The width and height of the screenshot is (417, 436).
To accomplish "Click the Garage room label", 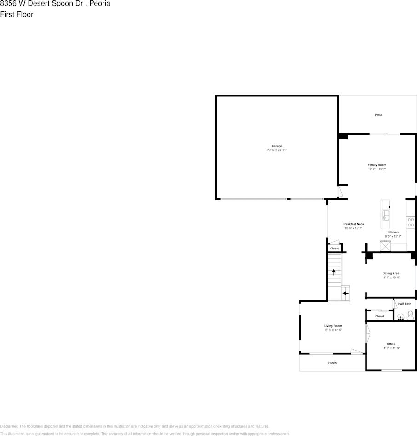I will coord(277,146).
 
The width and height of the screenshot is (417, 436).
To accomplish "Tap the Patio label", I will coord(378,115).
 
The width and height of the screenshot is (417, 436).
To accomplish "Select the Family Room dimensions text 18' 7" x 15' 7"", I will coord(377,169).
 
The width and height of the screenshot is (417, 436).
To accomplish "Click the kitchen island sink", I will coord(386,215).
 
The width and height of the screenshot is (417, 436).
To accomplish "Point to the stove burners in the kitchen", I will coord(411,222).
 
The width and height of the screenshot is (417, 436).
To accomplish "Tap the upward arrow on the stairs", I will coord(334,272).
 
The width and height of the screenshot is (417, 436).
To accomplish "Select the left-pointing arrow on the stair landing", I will coord(345,293).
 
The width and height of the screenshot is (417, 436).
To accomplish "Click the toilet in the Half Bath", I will coord(410,315).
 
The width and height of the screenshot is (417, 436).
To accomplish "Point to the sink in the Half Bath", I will coord(400,317).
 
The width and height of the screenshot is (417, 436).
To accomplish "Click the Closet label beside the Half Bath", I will coord(379,316).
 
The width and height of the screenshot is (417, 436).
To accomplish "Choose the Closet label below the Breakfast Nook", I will coord(334,249).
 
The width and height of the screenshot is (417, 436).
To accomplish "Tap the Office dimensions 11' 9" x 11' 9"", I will coord(391,348).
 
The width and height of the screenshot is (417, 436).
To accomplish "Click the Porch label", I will coord(332,363).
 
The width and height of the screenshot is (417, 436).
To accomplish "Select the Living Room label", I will coord(333,326).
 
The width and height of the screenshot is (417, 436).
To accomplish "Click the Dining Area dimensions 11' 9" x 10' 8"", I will coord(391,277).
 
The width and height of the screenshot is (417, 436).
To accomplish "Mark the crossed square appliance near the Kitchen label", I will coord(385,246).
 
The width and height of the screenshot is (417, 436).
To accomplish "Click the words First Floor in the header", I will coord(17,14).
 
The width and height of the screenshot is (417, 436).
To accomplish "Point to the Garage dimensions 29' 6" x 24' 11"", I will coord(277,150).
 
